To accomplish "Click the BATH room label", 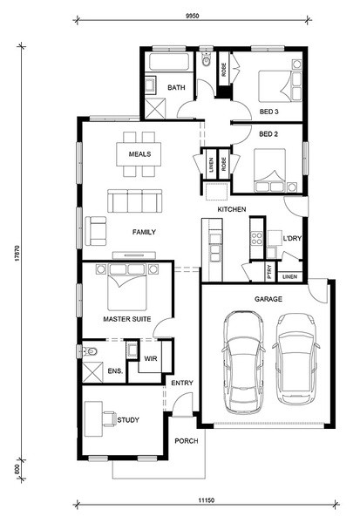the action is click(176, 87).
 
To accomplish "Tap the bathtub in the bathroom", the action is click(169, 61).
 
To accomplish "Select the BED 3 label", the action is click(269, 112).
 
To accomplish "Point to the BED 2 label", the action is click(268, 134).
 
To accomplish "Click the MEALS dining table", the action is click(139, 154).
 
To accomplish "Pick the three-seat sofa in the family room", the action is click(135, 200).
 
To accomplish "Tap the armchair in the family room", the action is click(96, 231).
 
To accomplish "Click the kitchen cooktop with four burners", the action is click(257, 238).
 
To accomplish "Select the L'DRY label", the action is click(292, 238).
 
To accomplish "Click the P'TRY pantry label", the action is click(269, 272).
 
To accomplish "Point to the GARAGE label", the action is click(268, 299).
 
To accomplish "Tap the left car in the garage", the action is click(243, 363).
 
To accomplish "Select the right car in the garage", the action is click(295, 358).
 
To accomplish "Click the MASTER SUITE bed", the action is click(127, 287).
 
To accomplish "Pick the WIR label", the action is click(151, 358).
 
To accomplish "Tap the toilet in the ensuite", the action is click(90, 351).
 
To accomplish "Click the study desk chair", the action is click(110, 419).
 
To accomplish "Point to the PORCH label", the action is click(187, 441).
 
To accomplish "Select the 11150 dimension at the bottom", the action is click(207, 500).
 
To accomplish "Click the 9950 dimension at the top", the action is click(192, 16).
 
